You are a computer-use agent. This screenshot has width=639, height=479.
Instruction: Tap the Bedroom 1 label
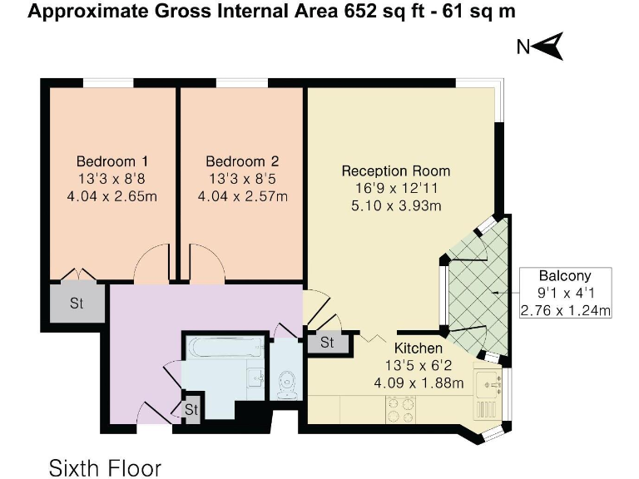click(x=112, y=160)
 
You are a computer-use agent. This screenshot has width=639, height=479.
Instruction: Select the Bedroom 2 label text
click(x=242, y=160)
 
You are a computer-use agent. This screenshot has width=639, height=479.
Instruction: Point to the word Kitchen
click(x=418, y=348)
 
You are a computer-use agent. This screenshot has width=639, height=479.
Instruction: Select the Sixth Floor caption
click(x=105, y=466)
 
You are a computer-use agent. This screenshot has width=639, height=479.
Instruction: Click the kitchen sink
click(x=487, y=383)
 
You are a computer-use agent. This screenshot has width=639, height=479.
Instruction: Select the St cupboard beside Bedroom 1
click(x=77, y=304)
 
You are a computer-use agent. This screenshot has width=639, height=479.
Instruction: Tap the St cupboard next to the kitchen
click(x=326, y=343)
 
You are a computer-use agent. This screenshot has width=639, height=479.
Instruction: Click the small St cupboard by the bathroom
click(x=191, y=410)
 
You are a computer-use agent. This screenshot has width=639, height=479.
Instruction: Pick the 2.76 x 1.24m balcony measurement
click(x=565, y=311)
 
